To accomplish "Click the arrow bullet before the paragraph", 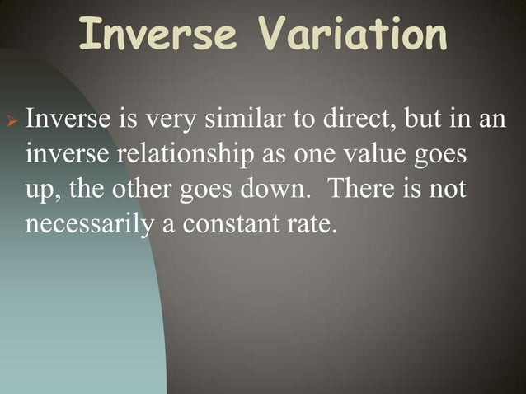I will coord(12,121).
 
